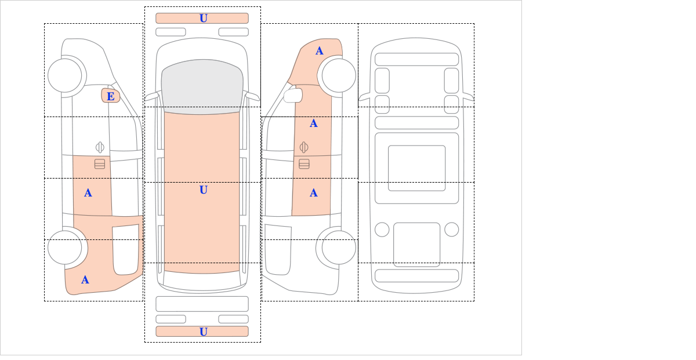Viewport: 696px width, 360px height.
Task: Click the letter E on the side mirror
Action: [111, 96]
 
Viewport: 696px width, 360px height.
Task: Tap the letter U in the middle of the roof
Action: [204, 190]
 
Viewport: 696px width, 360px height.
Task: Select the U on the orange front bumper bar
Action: [204, 19]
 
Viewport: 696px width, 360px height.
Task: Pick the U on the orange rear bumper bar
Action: [204, 332]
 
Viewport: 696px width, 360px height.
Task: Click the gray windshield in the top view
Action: [202, 86]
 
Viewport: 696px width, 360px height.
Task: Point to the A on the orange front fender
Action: [320, 51]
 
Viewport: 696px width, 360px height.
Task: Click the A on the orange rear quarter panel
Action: [85, 280]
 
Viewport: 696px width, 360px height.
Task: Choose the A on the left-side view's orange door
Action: [88, 193]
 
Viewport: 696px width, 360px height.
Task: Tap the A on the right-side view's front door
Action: [314, 123]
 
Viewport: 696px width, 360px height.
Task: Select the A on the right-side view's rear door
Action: [314, 193]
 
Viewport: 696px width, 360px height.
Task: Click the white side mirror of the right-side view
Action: [293, 95]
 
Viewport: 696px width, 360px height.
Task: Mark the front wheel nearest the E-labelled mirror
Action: [65, 75]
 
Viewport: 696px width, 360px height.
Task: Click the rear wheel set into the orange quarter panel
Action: [65, 248]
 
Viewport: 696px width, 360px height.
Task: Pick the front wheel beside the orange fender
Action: [339, 75]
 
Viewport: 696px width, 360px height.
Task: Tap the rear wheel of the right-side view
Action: [339, 248]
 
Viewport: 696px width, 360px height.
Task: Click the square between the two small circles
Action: [416, 245]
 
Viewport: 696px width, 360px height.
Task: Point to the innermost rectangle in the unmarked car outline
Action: [416, 168]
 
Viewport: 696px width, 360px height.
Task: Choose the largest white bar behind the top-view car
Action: [202, 304]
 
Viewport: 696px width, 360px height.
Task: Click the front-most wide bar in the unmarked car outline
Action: [416, 59]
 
